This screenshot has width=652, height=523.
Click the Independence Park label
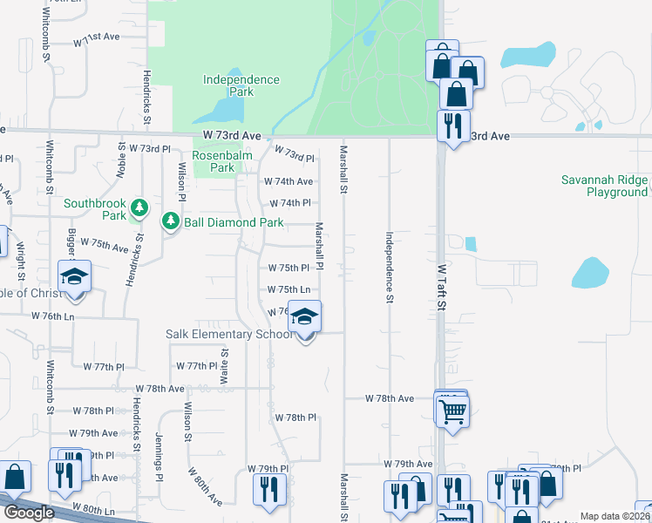[241, 85]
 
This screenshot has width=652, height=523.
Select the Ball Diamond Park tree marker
[171, 223]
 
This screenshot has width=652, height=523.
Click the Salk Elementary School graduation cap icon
[304, 317]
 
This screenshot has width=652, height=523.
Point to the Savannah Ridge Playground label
[605, 187]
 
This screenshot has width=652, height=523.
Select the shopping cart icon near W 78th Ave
[452, 411]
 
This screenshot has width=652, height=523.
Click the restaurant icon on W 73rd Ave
[452, 126]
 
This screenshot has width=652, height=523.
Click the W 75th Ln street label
[289, 289]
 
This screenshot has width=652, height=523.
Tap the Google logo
[29, 513]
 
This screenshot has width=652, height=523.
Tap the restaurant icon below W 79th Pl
[269, 489]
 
